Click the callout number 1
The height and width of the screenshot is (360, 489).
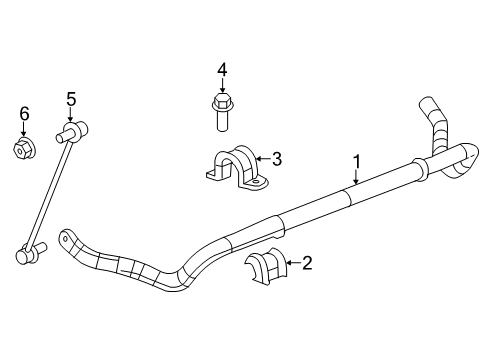point(356,159)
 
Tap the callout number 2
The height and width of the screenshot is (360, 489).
point(306,263)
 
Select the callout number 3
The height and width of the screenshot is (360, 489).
point(277,157)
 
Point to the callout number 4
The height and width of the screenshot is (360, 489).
point(223,69)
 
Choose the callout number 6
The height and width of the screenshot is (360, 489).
point(25,115)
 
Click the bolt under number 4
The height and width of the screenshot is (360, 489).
point(222,113)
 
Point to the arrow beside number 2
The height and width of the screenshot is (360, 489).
point(291,263)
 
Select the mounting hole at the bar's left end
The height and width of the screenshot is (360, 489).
point(67,240)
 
